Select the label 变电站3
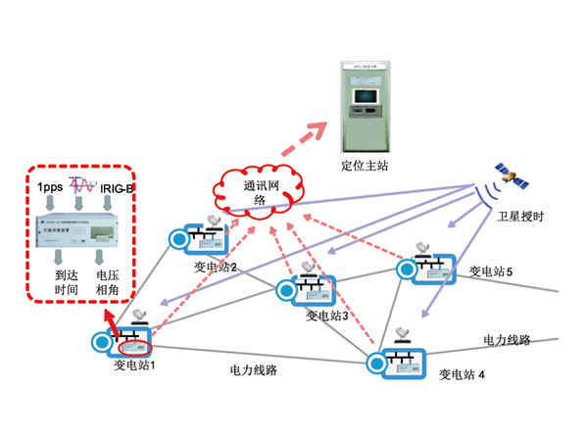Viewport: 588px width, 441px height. click(327, 316)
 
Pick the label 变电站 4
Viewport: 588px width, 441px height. click(462, 373)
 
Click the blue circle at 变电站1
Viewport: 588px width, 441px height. click(102, 342)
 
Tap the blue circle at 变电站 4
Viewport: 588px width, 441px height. click(376, 363)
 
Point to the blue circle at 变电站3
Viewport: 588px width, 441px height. click(284, 290)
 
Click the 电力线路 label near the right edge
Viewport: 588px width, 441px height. click(506, 340)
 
